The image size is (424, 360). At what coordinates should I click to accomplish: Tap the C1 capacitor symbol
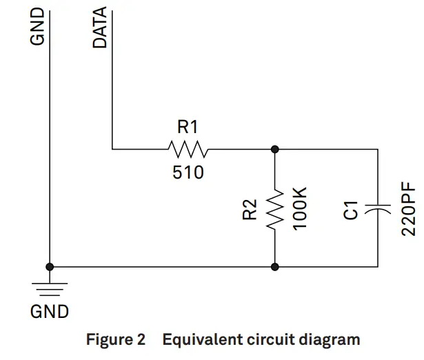pos(378,208)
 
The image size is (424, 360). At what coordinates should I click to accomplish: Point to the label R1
pos(188,126)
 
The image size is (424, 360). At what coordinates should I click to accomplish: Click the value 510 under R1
pos(188,172)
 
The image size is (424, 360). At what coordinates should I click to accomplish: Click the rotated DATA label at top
pos(100,28)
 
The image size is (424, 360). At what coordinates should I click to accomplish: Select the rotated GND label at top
pos(38,28)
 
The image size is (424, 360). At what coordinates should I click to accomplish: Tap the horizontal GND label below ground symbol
pos(50,312)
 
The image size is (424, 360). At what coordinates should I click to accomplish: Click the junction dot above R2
pos(275,148)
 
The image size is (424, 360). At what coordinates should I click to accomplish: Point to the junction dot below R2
pos(275,266)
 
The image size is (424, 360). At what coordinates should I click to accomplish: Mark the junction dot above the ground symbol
pos(50,266)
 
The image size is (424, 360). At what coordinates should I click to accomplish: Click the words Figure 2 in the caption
pos(115,339)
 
